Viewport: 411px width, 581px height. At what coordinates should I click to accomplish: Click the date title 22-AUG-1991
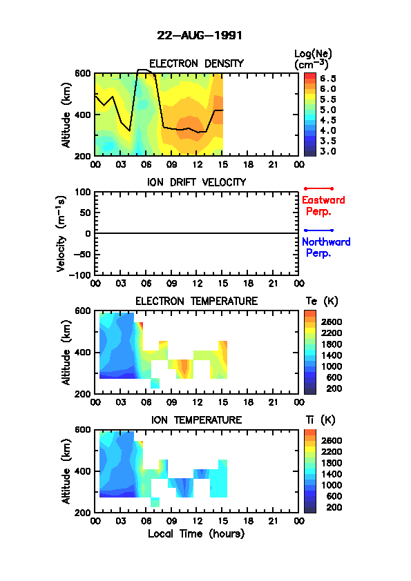click(200, 36)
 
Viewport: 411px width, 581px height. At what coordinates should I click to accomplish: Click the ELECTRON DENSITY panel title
click(196, 63)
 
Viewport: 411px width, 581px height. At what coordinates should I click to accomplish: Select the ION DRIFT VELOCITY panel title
click(197, 182)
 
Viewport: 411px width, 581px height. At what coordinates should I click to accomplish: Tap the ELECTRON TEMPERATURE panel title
click(197, 302)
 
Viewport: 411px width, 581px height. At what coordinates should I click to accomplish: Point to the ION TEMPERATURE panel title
click(197, 420)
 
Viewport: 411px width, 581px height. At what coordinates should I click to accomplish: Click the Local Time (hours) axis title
click(196, 534)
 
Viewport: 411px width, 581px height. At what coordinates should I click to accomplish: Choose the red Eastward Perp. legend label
click(323, 206)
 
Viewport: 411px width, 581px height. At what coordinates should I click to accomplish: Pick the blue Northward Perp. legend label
click(326, 248)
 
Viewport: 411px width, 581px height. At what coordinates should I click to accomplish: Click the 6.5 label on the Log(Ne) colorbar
click(328, 79)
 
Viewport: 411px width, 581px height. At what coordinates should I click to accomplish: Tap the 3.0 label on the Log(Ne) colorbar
click(328, 151)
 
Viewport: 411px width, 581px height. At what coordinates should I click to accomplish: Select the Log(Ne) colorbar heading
click(313, 59)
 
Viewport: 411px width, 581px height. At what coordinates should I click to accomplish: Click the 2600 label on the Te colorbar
click(332, 322)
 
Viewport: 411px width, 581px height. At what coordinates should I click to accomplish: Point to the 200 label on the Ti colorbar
click(334, 507)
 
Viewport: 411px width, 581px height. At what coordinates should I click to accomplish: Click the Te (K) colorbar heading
click(322, 302)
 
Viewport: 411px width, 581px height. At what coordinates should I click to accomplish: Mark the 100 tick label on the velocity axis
click(83, 192)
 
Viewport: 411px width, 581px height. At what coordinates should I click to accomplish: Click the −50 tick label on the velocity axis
click(82, 255)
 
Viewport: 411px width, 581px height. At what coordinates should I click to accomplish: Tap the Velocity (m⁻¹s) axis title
click(61, 234)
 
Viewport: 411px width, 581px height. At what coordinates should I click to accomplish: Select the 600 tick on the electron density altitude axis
click(83, 73)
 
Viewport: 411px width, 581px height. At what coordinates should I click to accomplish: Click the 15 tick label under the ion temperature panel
click(222, 521)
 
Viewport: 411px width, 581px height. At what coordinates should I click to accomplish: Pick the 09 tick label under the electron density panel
click(171, 164)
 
